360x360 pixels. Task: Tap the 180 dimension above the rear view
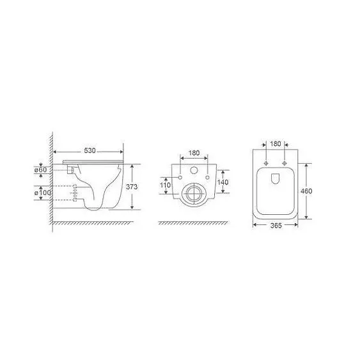194,153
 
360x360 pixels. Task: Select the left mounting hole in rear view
180,176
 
